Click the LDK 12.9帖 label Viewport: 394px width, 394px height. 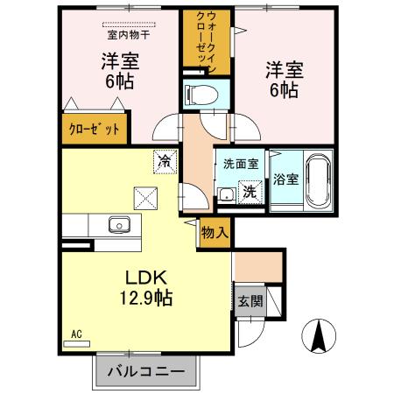pyautogui.click(x=145, y=286)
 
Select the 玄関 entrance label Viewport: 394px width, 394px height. pyautogui.click(x=249, y=301)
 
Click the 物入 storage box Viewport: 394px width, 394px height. pyautogui.click(x=215, y=233)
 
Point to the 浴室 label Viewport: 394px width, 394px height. pyautogui.click(x=284, y=179)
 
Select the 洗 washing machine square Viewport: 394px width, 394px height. pyautogui.click(x=250, y=190)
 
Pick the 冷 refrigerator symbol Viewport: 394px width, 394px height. pyautogui.click(x=163, y=160)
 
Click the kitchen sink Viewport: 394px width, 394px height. pyautogui.click(x=118, y=226)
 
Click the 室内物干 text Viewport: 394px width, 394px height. pyautogui.click(x=129, y=35)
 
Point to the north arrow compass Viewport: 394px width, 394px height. pyautogui.click(x=320, y=336)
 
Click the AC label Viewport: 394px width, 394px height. pyautogui.click(x=74, y=334)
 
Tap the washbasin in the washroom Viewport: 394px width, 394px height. pyautogui.click(x=226, y=195)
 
